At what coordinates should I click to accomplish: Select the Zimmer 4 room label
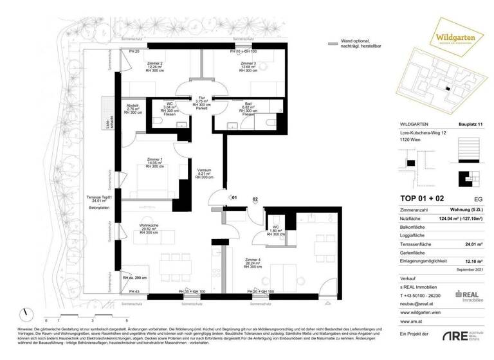click(x=252, y=261)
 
